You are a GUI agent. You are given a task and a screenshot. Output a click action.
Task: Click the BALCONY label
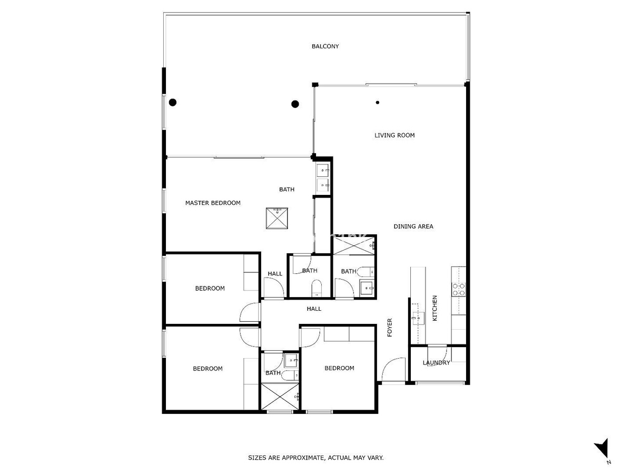click(x=325, y=46)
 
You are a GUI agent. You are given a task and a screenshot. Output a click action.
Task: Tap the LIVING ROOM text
click(x=394, y=135)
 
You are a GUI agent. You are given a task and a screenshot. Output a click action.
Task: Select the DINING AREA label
click(x=413, y=226)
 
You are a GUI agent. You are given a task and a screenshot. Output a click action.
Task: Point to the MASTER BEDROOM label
click(x=213, y=203)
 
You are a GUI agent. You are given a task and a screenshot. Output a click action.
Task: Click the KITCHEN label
click(x=435, y=308)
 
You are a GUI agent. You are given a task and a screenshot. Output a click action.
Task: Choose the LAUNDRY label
click(x=436, y=363)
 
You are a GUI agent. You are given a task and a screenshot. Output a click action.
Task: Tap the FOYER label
click(x=390, y=328)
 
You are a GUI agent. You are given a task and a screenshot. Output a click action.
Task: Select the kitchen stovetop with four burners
click(x=458, y=289)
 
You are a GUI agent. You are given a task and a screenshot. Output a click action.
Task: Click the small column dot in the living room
click(x=378, y=103)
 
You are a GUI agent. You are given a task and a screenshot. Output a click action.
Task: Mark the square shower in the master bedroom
click(x=276, y=219)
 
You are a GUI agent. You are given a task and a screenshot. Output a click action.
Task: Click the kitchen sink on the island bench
click(x=418, y=318)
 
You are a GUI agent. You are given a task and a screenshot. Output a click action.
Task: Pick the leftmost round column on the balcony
click(x=173, y=103)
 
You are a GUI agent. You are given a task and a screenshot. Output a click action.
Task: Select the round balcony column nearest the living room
click(x=295, y=104)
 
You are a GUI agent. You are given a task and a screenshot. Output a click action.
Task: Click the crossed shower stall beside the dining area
click(x=354, y=246)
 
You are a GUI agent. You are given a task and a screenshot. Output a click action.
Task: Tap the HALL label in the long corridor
click(x=314, y=309)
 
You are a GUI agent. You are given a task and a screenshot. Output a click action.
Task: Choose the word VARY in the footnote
click(x=376, y=458)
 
